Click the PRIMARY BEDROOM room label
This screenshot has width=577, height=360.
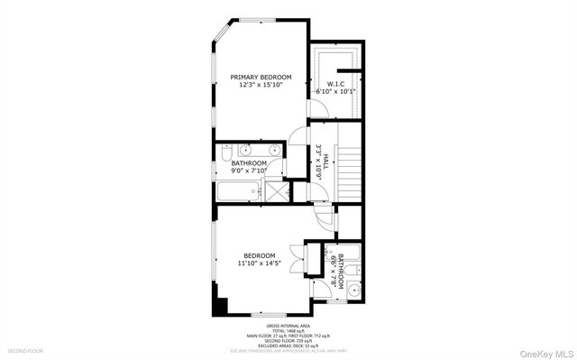coord(261,78)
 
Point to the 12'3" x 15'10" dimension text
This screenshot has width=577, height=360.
coord(261,86)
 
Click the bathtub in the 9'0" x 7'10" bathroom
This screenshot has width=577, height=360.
coord(237,191)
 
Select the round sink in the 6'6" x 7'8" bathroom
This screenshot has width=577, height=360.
coord(354,290)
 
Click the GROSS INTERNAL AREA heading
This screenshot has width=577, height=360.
coord(288,325)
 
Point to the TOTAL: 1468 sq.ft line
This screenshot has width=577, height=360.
coord(288,330)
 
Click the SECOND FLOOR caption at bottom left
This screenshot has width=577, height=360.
coord(25,349)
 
